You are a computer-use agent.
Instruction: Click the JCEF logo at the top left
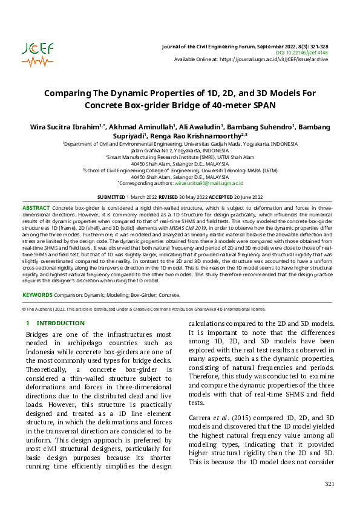(37, 53)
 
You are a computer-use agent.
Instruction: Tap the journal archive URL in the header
(275, 59)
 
